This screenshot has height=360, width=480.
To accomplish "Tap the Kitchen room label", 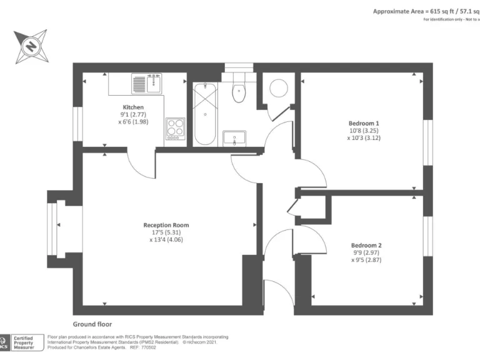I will [x=133, y=107].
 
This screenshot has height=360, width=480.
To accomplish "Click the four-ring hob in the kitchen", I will [x=176, y=128].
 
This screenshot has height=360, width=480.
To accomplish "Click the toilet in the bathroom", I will [x=238, y=91].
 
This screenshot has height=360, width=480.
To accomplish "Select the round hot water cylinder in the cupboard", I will [x=277, y=88].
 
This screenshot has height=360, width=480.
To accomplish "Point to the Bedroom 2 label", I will [x=366, y=245].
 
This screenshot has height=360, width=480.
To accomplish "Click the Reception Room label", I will [x=166, y=225].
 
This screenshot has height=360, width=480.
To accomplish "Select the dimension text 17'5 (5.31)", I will [x=166, y=232].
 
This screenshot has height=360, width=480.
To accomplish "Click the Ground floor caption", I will [x=92, y=324].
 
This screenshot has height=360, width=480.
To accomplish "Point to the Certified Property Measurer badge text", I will [x=24, y=342].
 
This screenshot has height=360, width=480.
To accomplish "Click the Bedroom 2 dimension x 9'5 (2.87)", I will [x=366, y=259].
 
